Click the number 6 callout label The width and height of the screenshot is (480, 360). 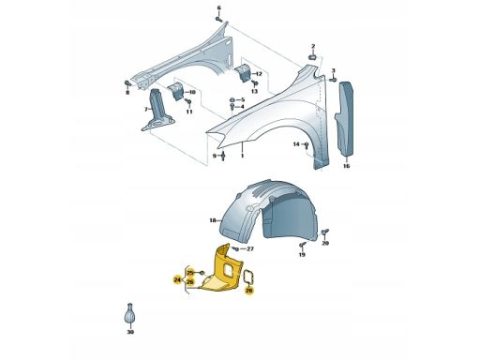coord(218,7)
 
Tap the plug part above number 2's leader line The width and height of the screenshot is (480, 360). coord(313,57)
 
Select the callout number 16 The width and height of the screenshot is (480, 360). coord(346,166)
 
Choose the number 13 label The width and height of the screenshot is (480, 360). coord(254,91)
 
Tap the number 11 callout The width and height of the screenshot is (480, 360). coord(189,112)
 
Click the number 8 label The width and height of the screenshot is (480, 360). coord(127,93)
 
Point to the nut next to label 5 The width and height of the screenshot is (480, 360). coord(232,99)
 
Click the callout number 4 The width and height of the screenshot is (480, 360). coord(242,107)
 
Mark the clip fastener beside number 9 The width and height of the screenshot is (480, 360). coord(223,156)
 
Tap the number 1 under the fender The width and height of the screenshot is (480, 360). coord(242,156)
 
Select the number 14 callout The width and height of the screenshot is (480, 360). coord(296,144)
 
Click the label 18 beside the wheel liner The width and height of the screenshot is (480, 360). coord(213,220)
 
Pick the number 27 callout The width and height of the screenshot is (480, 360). coord(250,249)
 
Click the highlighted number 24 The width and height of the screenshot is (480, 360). coord(177,280)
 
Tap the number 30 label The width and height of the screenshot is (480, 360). coord(130,332)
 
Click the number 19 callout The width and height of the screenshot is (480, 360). coord(302,255)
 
